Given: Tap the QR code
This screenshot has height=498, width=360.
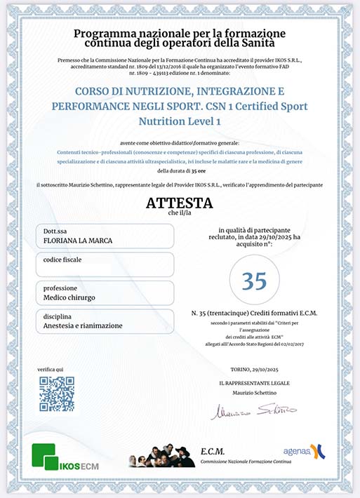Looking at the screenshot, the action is pyautogui.click(x=56, y=394).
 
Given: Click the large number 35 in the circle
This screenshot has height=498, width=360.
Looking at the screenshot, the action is pyautogui.click(x=254, y=281).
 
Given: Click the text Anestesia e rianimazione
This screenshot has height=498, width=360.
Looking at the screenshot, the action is pyautogui.click(x=83, y=325).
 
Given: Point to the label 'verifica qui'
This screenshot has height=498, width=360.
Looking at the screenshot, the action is pyautogui.click(x=51, y=369).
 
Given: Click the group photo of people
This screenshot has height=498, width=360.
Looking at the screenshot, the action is pyautogui.click(x=161, y=456).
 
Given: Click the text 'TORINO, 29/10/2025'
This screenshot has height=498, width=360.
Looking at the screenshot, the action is pyautogui.click(x=254, y=369).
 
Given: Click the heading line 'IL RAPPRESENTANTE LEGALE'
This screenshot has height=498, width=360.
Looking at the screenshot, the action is pyautogui.click(x=254, y=384).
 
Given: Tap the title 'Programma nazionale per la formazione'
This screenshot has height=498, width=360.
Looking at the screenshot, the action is pyautogui.click(x=180, y=34).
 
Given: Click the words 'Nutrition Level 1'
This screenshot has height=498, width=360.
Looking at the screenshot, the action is pyautogui.click(x=180, y=121).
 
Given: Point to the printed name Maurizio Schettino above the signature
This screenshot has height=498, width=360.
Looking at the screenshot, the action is pyautogui.click(x=254, y=392).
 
